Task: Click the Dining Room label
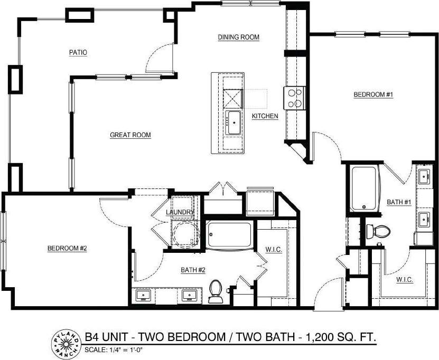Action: tap(239, 37)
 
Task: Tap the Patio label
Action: tap(78, 53)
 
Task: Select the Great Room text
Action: tap(130, 135)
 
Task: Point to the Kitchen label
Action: tap(265, 116)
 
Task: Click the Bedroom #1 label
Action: tap(374, 94)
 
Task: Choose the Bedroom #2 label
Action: tap(67, 248)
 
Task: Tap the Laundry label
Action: tap(180, 213)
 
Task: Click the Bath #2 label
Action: tap(193, 270)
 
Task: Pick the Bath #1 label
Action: tap(399, 202)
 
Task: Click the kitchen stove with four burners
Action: tap(295, 98)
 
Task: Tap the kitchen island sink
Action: tap(233, 122)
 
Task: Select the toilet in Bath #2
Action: tap(215, 292)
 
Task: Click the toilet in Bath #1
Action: tap(378, 231)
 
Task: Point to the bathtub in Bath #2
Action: tap(229, 235)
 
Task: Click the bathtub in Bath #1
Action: tap(363, 189)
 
